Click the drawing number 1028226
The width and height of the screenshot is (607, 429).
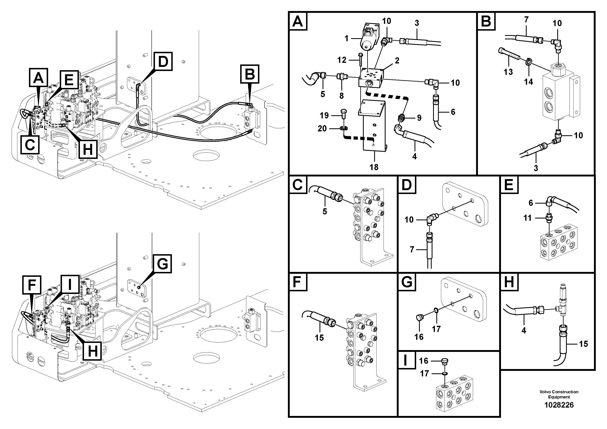point(559,405)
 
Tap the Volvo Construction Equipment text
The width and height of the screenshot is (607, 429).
point(559,394)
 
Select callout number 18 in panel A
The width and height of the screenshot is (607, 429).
point(374,167)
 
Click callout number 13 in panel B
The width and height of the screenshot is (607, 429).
point(508,72)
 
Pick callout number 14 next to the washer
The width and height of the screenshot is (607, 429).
point(528,82)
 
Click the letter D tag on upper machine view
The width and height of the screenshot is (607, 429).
point(163,62)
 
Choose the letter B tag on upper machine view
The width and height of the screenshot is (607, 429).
point(250,74)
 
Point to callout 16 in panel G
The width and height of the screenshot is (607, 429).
point(419,337)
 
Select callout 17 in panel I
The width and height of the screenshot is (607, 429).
point(424,374)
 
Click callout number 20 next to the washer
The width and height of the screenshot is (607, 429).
point(322,129)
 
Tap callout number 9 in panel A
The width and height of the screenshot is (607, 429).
point(419,118)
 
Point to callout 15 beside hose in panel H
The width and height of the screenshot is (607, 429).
point(583,344)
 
